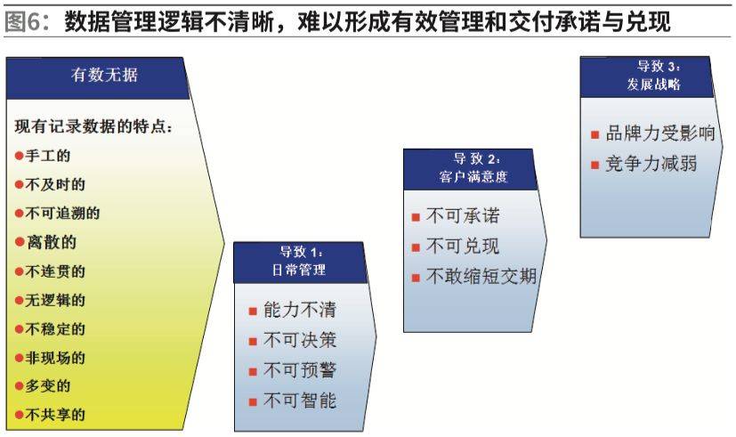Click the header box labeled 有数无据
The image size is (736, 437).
[x=98, y=78]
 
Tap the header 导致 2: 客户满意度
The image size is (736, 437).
[x=470, y=169]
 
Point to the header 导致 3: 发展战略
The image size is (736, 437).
[x=647, y=77]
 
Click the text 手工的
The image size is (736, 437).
[x=47, y=156]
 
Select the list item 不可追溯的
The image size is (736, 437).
[x=62, y=213]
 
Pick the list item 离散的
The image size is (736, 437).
[x=51, y=242]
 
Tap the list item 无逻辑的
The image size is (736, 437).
[x=55, y=300]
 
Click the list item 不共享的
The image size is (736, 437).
[x=55, y=415]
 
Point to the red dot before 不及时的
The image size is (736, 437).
[x=20, y=185]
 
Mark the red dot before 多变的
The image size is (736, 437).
[x=20, y=386]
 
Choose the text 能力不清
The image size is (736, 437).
[x=299, y=310]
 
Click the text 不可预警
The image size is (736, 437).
[x=299, y=370]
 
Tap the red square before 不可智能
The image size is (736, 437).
[x=253, y=401]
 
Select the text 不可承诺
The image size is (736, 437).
[x=463, y=215]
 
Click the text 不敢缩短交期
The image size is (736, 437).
[x=481, y=276]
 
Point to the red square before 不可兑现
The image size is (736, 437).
[x=416, y=247]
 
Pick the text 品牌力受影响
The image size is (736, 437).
[x=660, y=134]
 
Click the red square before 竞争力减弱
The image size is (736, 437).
[x=595, y=165]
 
